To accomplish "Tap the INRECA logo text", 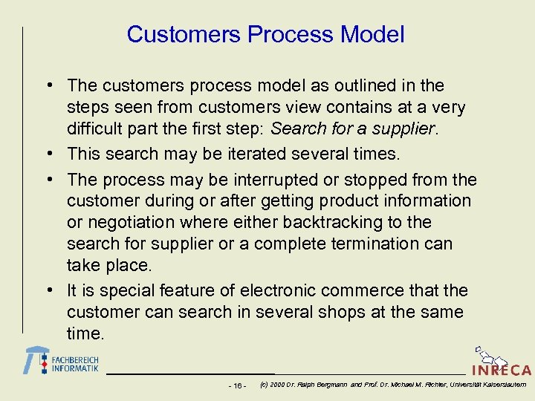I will tap(502, 370).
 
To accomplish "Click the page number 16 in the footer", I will tap(239, 385).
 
